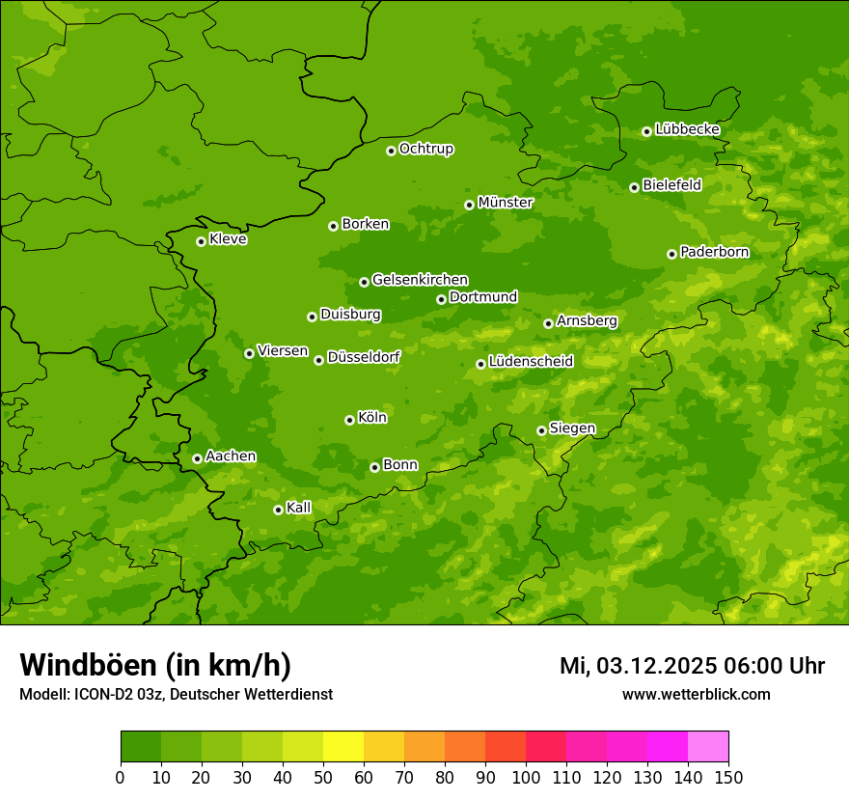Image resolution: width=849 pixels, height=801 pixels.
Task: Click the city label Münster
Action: (x=505, y=203)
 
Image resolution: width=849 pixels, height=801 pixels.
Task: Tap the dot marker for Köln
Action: (x=349, y=420)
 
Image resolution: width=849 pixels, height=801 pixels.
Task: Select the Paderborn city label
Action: (x=714, y=252)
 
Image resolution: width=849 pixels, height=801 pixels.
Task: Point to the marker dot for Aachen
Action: (x=197, y=458)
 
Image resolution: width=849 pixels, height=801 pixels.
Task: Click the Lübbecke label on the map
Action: (x=687, y=129)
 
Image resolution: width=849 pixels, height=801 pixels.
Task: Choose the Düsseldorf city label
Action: (x=363, y=357)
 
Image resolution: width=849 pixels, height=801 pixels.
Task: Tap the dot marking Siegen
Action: (x=541, y=430)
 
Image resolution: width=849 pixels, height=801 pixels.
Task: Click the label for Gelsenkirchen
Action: (x=420, y=280)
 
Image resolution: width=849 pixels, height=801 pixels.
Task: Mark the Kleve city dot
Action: (x=201, y=241)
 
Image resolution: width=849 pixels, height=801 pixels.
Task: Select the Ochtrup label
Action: (x=425, y=149)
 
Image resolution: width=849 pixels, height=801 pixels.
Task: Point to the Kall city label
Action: (x=299, y=508)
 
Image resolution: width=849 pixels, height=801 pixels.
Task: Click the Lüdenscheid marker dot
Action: (x=480, y=364)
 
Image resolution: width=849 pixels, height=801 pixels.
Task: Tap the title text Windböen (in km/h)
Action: (x=155, y=665)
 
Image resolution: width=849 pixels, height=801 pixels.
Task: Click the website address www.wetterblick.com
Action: (x=696, y=694)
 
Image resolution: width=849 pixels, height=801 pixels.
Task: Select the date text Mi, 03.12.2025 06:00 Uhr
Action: (x=692, y=666)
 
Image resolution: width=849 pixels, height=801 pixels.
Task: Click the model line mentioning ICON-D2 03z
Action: (x=176, y=694)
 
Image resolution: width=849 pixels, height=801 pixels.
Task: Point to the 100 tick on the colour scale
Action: (x=526, y=777)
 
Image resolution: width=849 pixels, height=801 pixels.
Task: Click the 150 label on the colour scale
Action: (x=728, y=777)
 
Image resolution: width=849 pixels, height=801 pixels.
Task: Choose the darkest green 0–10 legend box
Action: (x=141, y=747)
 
